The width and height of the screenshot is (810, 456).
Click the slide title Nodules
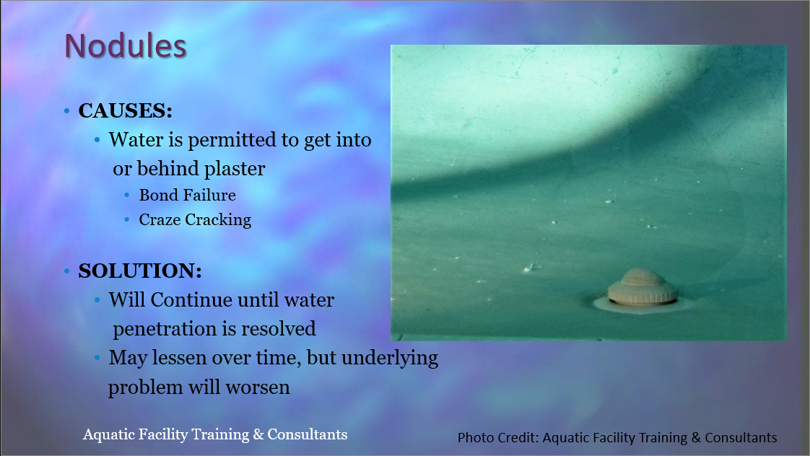point(125,45)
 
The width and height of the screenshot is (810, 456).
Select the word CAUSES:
point(125,110)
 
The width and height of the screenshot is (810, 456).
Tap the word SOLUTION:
point(140,271)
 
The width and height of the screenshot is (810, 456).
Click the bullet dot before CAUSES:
point(66,110)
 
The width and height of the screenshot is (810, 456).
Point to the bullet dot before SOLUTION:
point(66,271)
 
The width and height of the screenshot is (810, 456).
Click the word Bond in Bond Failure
point(154,196)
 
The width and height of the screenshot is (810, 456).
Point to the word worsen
point(258,387)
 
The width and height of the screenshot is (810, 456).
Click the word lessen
point(177,358)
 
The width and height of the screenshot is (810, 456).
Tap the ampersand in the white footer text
point(258,435)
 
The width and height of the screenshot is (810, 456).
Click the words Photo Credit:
point(498,437)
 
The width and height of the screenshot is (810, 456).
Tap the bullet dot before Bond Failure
point(127,196)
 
